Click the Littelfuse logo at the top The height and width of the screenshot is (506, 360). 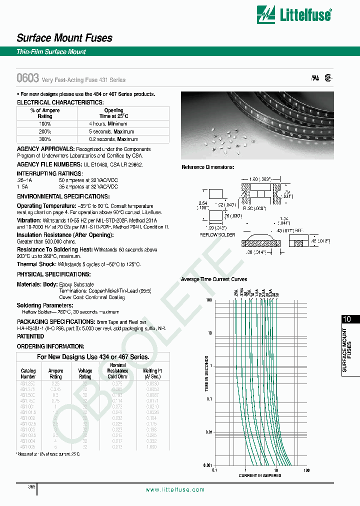coord(293,14)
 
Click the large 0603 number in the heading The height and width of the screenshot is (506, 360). coord(28,78)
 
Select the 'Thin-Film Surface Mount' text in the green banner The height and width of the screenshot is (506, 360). coord(51,52)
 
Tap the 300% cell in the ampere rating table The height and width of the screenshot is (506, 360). coord(45,139)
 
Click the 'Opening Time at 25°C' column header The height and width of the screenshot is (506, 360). coord(113,113)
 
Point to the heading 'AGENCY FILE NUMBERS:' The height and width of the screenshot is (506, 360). coord(49,164)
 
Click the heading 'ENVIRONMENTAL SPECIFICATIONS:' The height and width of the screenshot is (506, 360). coord(63,196)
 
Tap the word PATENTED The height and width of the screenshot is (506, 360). coord(30,337)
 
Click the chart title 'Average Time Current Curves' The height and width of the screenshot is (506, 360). coord(214,279)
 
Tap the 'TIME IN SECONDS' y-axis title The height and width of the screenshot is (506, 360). coord(206,379)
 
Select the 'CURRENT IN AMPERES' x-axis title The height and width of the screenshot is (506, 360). coord(260,475)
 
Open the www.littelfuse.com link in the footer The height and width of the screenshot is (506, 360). coord(175,490)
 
